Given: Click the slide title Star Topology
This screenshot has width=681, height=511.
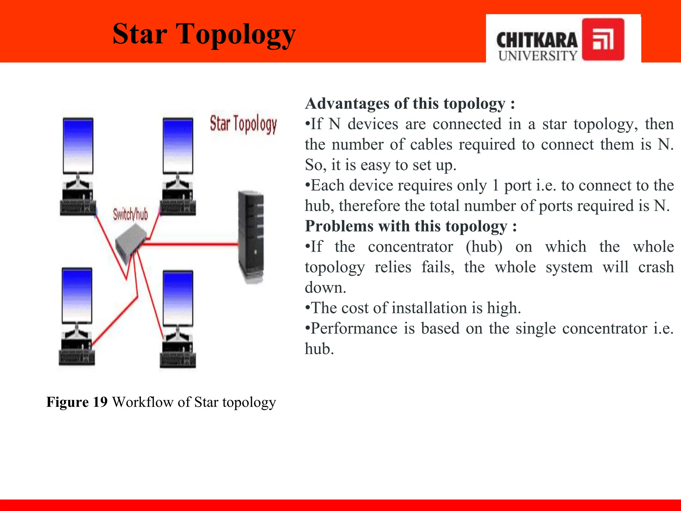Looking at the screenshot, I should coord(204,35).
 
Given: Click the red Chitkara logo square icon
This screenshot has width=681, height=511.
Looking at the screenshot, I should coord(603,40).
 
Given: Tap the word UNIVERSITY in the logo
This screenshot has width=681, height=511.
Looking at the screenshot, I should coord(537,56).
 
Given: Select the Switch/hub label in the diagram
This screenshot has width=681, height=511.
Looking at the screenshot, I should coord(130,214).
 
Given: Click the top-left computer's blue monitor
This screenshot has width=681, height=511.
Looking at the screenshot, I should coord(78,146).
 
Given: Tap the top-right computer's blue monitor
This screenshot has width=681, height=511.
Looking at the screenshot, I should coord(178,146).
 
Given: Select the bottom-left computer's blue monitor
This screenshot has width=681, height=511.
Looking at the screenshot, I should coord(77,295).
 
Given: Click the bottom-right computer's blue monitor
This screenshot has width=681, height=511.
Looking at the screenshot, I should coord(178,298).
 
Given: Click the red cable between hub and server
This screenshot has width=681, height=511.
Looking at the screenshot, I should coord(190,245).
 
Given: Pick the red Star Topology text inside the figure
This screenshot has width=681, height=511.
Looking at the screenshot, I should coord(243,124).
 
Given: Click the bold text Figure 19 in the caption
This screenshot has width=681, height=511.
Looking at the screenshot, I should coord(77,402).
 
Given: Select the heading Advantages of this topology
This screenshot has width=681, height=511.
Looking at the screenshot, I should coord(410,103).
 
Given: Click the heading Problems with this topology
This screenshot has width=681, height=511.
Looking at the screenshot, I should coord(411,226).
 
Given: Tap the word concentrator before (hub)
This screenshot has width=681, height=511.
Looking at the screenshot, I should coord(410,247).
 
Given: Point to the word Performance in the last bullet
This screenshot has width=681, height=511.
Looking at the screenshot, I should coord(354,329).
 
